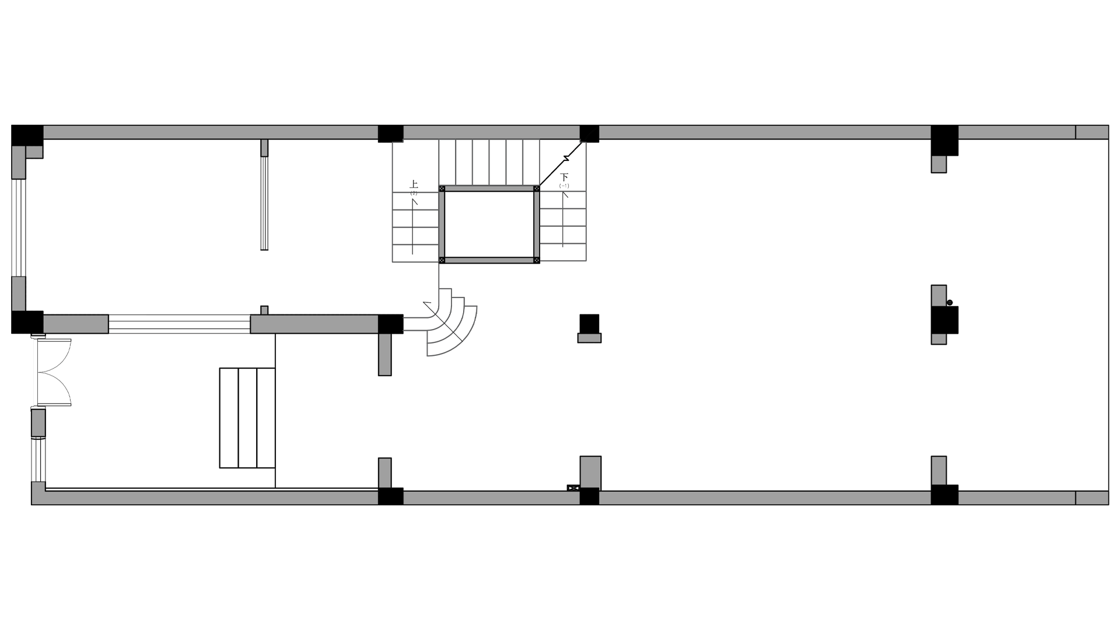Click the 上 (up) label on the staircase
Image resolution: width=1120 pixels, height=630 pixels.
414,184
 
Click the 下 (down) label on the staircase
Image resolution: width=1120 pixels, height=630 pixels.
564,177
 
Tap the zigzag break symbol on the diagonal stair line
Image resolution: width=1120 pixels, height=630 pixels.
566,158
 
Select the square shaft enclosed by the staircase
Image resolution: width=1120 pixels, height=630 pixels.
489,225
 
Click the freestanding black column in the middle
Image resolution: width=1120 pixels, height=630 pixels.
589,323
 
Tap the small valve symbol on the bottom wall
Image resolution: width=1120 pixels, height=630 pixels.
573,488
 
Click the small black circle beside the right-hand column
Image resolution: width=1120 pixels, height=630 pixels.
950,303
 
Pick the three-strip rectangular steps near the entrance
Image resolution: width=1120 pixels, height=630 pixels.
247,418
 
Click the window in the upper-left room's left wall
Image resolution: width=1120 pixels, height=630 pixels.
18,228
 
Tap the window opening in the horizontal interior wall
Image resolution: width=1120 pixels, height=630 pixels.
179,324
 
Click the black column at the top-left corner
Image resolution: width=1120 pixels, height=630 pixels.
27,135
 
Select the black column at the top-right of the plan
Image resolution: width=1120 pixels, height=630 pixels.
944,140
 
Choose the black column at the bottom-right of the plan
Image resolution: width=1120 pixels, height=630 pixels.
944,495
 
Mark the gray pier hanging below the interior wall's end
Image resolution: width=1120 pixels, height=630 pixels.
385,354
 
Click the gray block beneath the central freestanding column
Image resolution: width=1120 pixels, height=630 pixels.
589,338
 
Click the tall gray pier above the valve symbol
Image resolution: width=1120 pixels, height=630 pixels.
590,471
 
